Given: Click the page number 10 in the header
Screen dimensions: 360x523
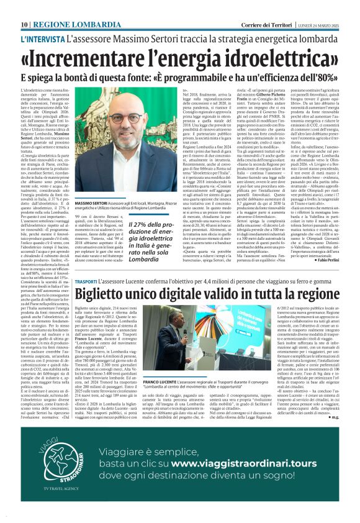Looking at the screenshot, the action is (x=24, y=7).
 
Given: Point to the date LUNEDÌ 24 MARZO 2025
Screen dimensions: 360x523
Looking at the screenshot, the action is (x=318, y=7).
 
